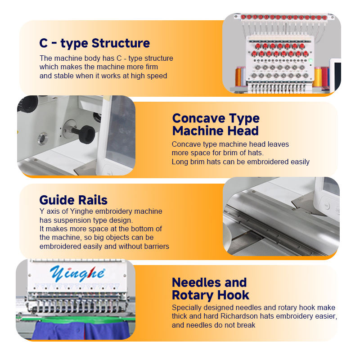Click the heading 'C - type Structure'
click(x=94, y=43)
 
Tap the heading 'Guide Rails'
click(x=73, y=200)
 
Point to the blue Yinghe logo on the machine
click(x=77, y=274)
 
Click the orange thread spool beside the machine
click(x=238, y=76)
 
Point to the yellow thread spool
click(x=318, y=77)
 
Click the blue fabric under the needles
click(x=81, y=330)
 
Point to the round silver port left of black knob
click(x=42, y=139)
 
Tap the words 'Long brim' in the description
click(x=188, y=162)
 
